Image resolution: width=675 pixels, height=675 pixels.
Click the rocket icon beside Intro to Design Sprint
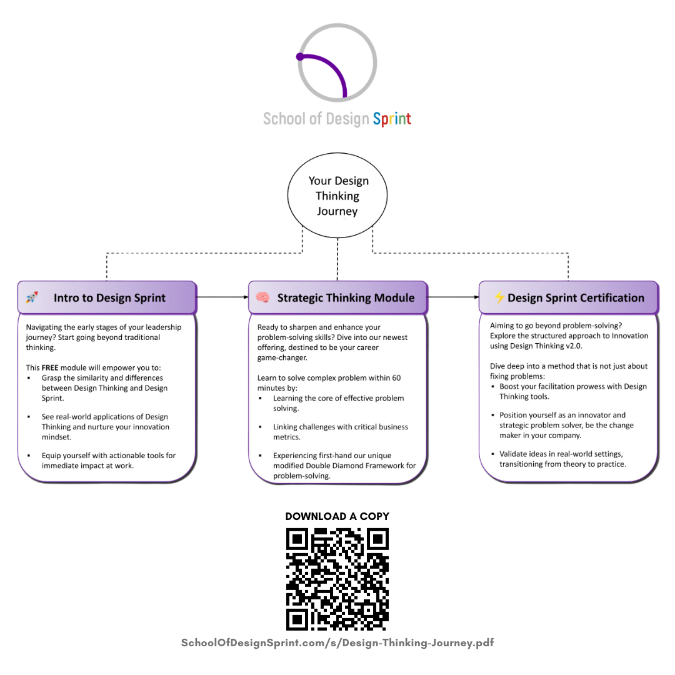tap(32, 297)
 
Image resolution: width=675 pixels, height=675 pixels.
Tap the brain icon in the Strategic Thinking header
tap(262, 297)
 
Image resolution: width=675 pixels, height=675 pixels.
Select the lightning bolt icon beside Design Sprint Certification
tap(499, 297)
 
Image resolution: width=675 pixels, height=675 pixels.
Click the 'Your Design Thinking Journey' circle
tap(338, 196)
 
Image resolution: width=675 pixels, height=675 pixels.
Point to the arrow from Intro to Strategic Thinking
tap(222, 297)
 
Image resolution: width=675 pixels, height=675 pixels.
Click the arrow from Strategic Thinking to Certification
tap(454, 297)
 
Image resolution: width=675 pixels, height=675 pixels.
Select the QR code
tap(337, 579)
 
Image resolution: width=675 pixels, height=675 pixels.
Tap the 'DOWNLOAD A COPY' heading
tap(337, 516)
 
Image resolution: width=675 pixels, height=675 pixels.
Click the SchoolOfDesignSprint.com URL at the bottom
tap(337, 642)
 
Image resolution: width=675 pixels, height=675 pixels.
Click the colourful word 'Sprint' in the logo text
tap(392, 119)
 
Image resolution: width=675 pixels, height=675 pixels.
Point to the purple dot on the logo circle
tap(301, 57)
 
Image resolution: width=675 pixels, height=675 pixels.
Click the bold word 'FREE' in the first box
tap(50, 367)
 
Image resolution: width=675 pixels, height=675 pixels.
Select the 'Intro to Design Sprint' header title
tap(110, 297)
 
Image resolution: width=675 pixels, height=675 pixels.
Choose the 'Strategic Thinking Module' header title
tap(346, 297)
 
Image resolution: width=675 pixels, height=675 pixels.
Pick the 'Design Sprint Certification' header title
tap(576, 297)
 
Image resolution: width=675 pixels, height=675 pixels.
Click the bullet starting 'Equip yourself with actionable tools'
tap(109, 461)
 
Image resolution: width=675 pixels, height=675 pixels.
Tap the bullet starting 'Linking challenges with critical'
tap(341, 432)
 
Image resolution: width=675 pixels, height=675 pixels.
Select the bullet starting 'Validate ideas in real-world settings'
tap(562, 459)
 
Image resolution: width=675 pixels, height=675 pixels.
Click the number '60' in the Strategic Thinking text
tap(396, 377)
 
